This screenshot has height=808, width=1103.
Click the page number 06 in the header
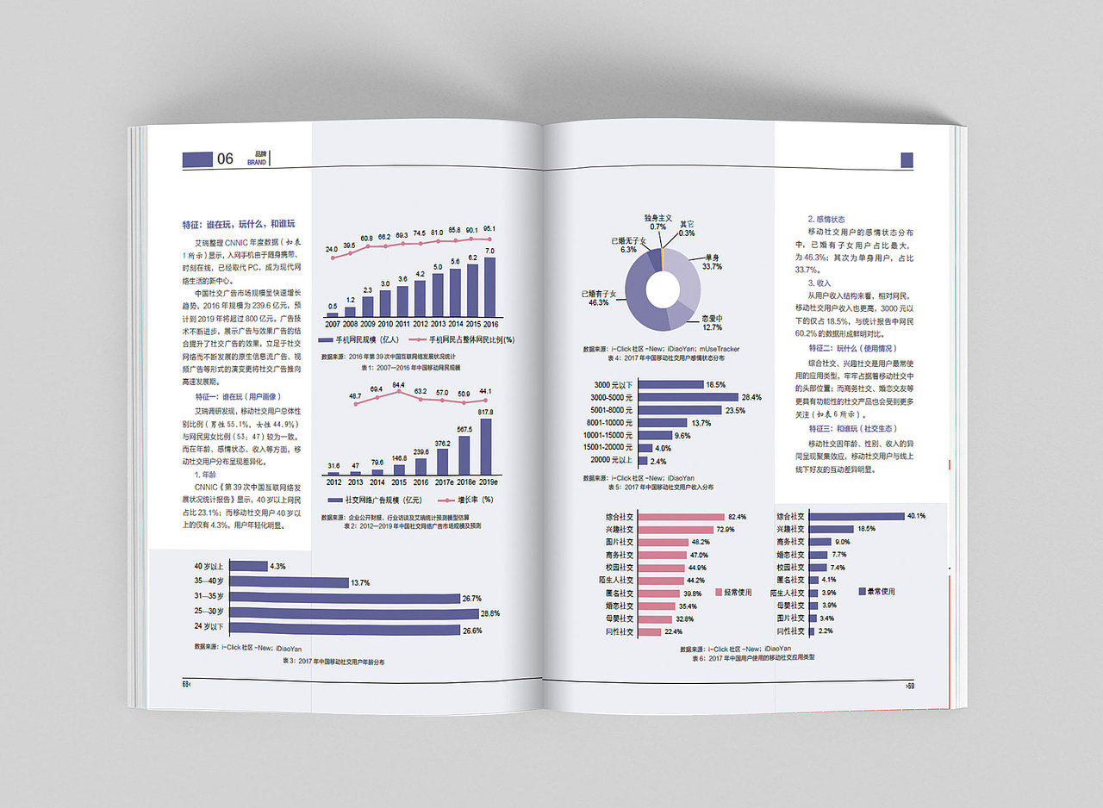point(225,158)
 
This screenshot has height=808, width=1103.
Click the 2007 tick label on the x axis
point(333,324)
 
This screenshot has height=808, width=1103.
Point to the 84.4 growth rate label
point(398,385)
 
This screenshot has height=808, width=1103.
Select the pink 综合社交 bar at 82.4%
point(681,517)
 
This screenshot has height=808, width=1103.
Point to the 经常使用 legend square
point(719,592)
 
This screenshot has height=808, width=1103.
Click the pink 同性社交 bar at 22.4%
point(651,631)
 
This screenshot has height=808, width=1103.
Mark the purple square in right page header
point(907,159)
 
